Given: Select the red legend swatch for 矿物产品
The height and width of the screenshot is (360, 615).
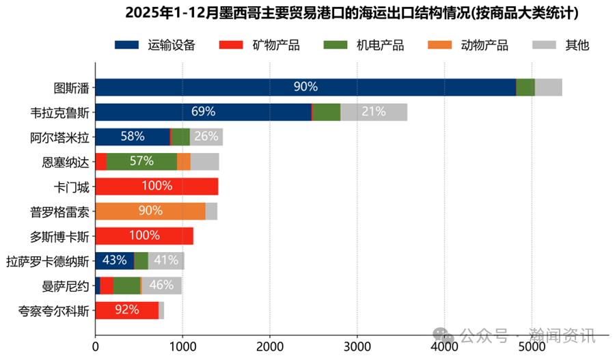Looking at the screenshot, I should tap(231, 46).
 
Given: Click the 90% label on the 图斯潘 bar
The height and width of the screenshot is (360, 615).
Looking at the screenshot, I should tap(305, 87).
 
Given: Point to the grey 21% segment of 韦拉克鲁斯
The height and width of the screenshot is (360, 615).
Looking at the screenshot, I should tap(373, 112).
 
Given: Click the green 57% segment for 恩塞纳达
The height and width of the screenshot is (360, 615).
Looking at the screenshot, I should tap(141, 161).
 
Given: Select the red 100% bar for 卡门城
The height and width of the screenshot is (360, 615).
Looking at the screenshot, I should tap(156, 186).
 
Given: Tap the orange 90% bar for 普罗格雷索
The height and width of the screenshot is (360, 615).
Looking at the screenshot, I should tap(150, 211).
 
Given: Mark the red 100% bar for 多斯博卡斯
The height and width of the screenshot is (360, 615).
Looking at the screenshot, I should tap(144, 236).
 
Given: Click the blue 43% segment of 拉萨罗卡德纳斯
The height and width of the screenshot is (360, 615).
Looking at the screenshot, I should tap(114, 260).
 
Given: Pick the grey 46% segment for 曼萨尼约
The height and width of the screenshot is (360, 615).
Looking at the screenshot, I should tap(162, 286).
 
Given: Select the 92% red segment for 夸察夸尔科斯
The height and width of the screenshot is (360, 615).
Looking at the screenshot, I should tap(126, 310).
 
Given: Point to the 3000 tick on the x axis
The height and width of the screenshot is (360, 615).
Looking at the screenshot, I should tap(357, 347).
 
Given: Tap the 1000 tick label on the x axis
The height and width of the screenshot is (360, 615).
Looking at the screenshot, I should tap(182, 347).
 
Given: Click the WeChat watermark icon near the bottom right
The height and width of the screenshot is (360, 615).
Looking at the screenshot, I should tap(445, 335).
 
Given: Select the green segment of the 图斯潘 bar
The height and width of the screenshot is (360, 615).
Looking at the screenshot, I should tap(525, 87).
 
